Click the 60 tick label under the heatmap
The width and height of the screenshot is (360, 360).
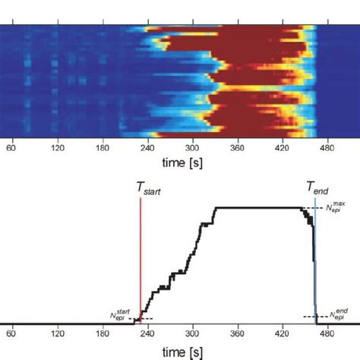click(11, 149)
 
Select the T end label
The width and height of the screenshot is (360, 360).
click(317, 188)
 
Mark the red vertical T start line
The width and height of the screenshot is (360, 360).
click(140, 258)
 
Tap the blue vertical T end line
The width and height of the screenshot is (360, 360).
click(315, 258)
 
